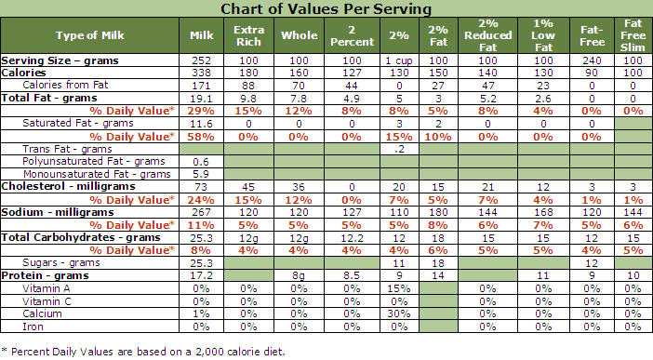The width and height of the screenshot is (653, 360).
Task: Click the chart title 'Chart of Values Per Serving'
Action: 326,8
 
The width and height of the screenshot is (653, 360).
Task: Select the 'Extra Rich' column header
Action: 248,36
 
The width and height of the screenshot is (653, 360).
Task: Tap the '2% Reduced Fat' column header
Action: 487,35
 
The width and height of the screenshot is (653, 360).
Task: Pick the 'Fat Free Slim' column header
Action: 633,35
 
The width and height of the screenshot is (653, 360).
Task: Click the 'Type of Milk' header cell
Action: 90,35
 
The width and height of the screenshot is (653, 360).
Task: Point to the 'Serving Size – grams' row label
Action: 60,60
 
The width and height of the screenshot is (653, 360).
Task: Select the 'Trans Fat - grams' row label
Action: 67,149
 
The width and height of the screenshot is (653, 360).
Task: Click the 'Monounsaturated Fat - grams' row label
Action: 97,174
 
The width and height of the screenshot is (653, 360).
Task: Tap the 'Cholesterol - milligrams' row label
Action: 68,186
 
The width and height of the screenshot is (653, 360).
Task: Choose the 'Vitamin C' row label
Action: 47,301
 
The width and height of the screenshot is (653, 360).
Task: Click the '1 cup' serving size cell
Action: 398,60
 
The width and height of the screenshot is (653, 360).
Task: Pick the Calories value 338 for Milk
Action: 201,73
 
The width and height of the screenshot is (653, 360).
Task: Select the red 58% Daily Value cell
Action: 201,137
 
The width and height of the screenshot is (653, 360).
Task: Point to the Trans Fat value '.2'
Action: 398,149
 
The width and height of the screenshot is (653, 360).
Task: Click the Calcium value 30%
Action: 398,313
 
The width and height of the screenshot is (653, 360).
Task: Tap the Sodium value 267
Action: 201,212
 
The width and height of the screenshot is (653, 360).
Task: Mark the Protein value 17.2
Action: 201,275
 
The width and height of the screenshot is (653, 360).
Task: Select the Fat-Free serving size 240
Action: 592,60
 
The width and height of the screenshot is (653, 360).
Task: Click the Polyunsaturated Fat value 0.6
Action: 201,162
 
